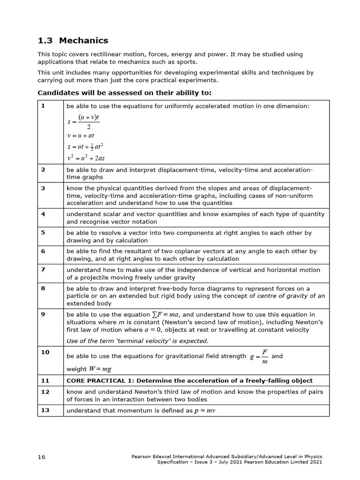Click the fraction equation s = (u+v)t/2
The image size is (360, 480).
[x=83, y=121]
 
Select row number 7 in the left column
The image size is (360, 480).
[x=43, y=270]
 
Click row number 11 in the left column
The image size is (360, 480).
[x=45, y=380]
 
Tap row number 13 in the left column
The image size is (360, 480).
[x=45, y=410]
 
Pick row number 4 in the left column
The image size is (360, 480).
[x=43, y=214]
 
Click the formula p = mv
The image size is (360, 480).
[x=204, y=411]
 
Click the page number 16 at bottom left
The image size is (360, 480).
[x=42, y=457]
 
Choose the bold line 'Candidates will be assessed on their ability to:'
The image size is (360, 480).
[x=124, y=92]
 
